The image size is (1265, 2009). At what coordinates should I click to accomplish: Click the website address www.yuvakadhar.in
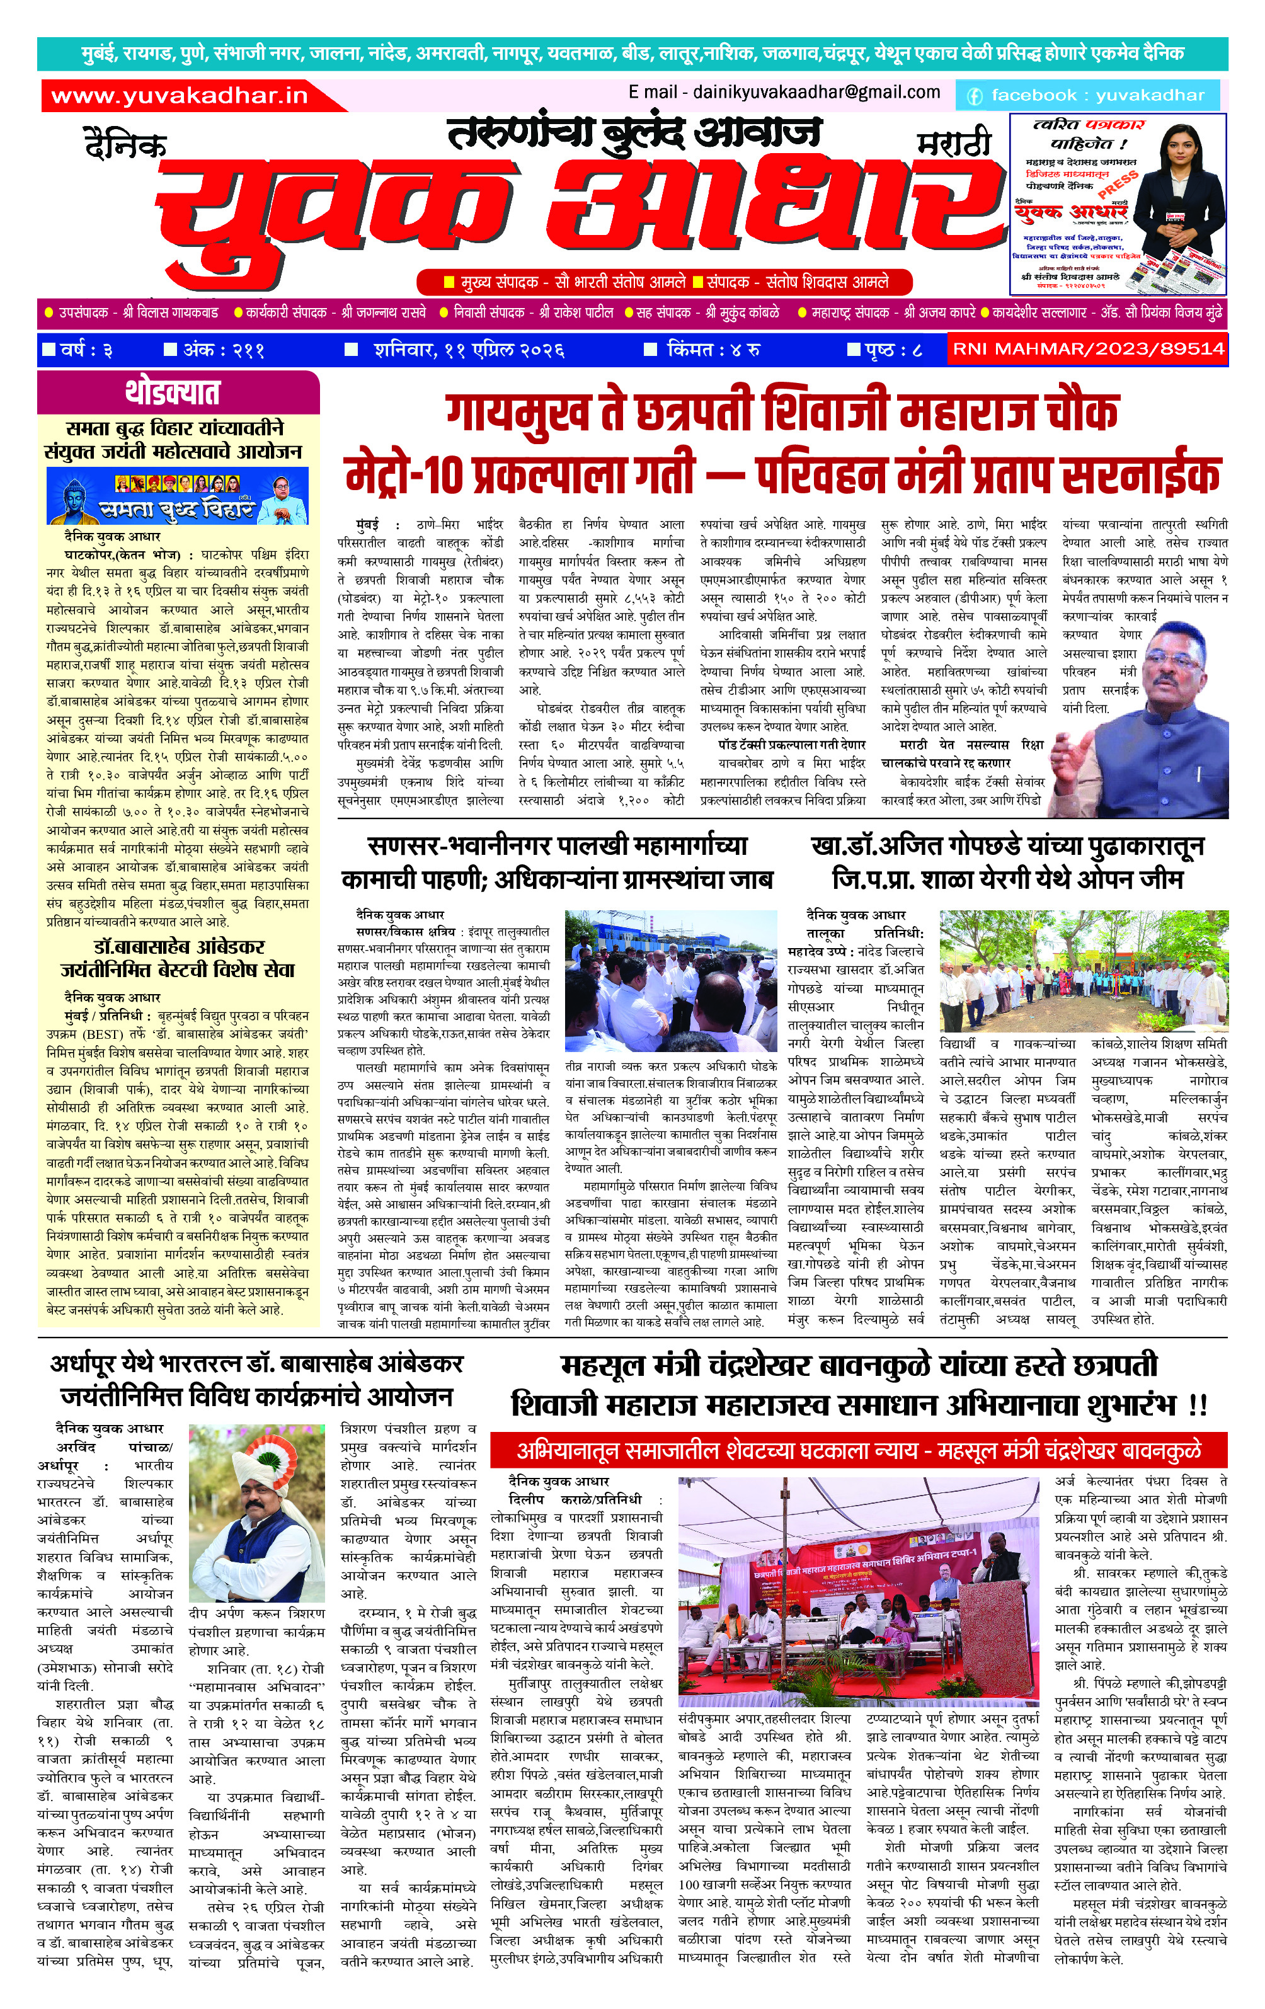pyautogui.click(x=180, y=96)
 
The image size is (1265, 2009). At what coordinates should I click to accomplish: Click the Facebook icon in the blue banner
pyautogui.click(x=974, y=96)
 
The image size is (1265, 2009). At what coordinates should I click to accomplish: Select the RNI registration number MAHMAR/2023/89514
pyautogui.click(x=1088, y=349)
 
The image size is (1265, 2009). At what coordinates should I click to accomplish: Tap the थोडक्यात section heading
pyautogui.click(x=173, y=392)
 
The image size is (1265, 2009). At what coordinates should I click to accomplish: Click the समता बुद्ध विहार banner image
pyautogui.click(x=178, y=496)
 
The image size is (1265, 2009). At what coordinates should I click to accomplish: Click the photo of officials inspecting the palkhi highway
pyautogui.click(x=671, y=980)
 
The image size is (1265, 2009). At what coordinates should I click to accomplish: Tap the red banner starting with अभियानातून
pyautogui.click(x=858, y=1451)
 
